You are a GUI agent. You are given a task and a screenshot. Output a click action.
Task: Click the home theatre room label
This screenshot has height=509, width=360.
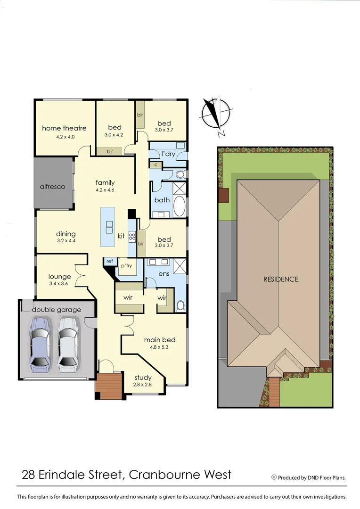point(64,128)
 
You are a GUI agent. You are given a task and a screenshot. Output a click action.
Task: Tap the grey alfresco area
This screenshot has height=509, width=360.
point(53,186)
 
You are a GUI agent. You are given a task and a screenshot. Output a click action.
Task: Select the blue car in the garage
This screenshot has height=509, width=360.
point(40,342)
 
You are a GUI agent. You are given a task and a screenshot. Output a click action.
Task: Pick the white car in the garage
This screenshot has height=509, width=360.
point(67,342)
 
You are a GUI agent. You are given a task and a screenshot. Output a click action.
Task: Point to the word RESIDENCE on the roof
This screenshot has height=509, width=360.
point(280,279)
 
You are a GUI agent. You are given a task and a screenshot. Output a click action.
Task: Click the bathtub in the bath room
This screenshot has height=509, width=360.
point(180,206)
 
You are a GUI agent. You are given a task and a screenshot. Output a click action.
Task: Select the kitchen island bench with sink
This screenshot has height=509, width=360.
point(108,227)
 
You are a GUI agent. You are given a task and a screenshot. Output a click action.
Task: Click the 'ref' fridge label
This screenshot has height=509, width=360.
point(109,261)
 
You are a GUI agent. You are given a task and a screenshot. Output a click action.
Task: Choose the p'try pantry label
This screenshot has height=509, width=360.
point(126,265)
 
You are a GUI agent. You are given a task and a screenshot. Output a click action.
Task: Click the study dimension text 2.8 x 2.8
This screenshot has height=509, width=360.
point(143,385)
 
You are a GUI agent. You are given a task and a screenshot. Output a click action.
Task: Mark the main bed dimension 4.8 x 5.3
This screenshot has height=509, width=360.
point(160,347)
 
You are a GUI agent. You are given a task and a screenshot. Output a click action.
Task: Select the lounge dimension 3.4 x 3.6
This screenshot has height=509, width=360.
point(59,284)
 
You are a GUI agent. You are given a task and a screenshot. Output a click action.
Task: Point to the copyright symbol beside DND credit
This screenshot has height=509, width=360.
point(274,477)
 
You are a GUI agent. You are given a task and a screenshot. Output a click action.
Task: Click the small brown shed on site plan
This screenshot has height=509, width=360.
point(223,195)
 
